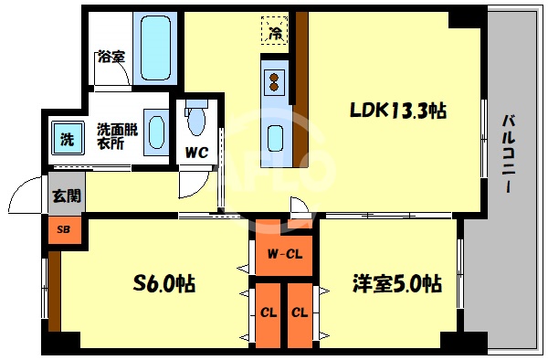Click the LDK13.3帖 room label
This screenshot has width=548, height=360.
point(398,111)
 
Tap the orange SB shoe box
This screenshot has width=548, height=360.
point(63,229)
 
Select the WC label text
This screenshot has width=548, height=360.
point(195,153)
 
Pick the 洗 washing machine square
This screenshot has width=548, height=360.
point(66,140)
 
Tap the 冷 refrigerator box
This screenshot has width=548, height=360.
point(275,32)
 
